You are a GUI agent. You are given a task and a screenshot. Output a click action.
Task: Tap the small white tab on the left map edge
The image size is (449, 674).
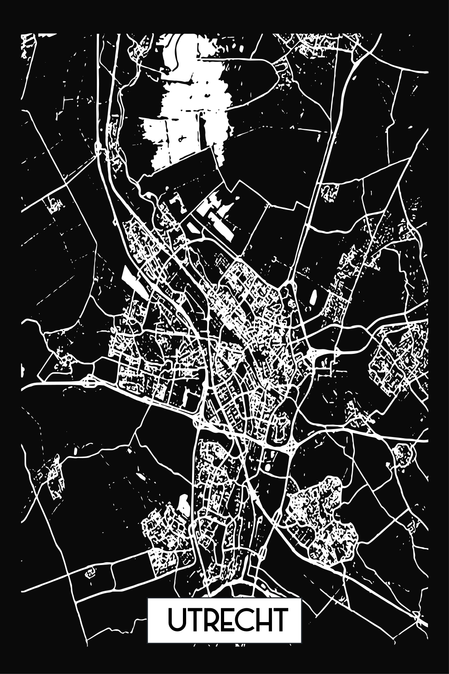pos(22,370)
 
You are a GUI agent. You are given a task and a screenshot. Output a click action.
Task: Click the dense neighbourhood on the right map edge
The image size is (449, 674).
pos(400,357)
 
